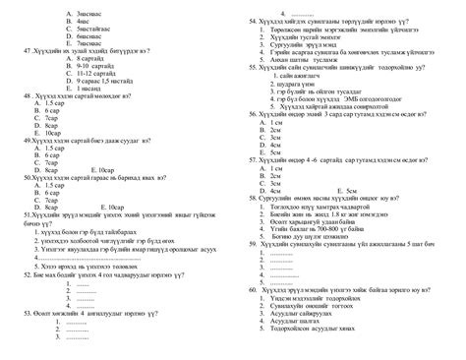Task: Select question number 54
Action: click(254, 20)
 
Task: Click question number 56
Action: click(255, 113)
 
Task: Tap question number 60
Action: click(255, 290)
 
